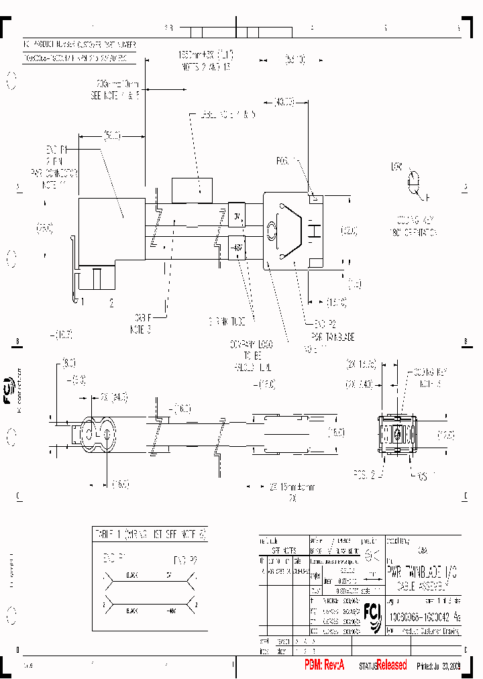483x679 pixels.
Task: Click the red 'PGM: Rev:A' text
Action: coord(324,665)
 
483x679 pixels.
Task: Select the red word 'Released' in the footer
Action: coord(391,665)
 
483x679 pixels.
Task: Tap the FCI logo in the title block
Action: coord(371,611)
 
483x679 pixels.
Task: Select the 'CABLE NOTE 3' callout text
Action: coord(140,325)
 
